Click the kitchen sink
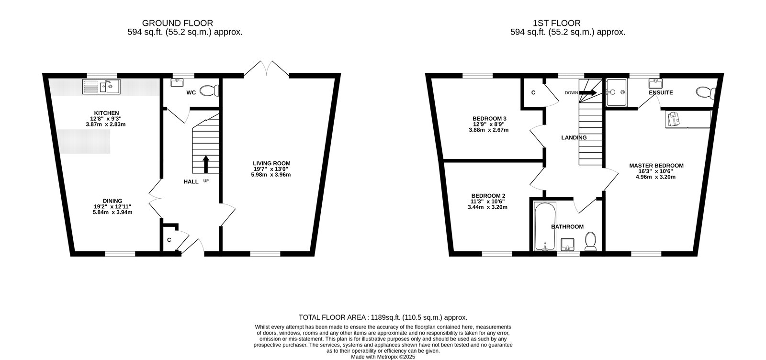[101, 87]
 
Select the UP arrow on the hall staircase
[206, 165]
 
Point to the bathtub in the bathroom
[545, 226]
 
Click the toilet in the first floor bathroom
[591, 241]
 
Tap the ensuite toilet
[706, 92]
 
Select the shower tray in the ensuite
[617, 92]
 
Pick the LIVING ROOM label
[271, 163]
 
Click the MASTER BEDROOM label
[656, 166]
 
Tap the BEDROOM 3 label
[489, 119]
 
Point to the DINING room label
[113, 201]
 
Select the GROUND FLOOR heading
[178, 23]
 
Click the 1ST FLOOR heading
[556, 23]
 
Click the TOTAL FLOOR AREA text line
[383, 317]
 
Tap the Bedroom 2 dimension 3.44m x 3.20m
[487, 207]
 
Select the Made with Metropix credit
[383, 357]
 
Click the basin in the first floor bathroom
[567, 245]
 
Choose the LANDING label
[574, 137]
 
